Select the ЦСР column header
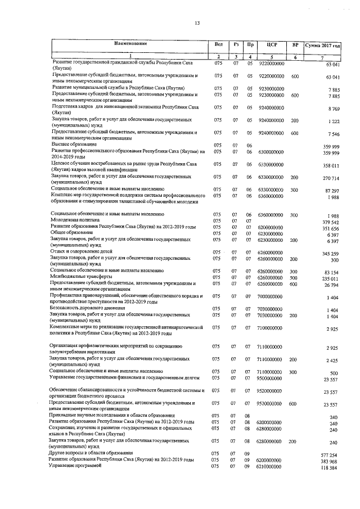(272, 44)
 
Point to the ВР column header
(295, 44)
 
